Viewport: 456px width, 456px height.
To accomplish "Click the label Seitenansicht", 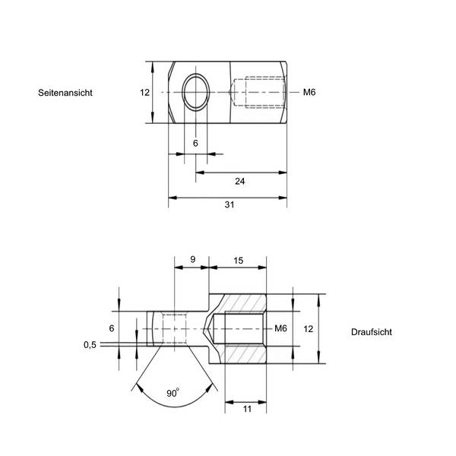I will point(65,93).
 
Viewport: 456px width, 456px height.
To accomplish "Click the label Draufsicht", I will point(372,332).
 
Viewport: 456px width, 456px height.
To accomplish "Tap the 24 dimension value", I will point(240,181).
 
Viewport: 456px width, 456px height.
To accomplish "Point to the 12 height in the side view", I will point(144,92).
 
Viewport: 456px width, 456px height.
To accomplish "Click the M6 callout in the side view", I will point(309,93).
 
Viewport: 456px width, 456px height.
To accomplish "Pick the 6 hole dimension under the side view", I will point(195,143).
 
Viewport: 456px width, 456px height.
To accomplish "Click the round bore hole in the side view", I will point(196,93).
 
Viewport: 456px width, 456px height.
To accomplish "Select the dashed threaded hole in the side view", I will point(258,93).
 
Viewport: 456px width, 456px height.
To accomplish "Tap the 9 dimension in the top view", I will point(192,259).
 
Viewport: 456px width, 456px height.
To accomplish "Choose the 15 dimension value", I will point(238,260).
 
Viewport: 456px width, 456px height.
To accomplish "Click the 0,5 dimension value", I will point(90,344).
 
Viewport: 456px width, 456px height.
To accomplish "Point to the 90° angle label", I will point(173,393).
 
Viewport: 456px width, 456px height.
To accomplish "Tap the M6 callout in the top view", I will point(280,328).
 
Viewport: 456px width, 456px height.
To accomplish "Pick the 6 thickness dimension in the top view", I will point(111,328).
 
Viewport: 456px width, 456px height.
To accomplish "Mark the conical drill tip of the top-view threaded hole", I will point(211,329).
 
